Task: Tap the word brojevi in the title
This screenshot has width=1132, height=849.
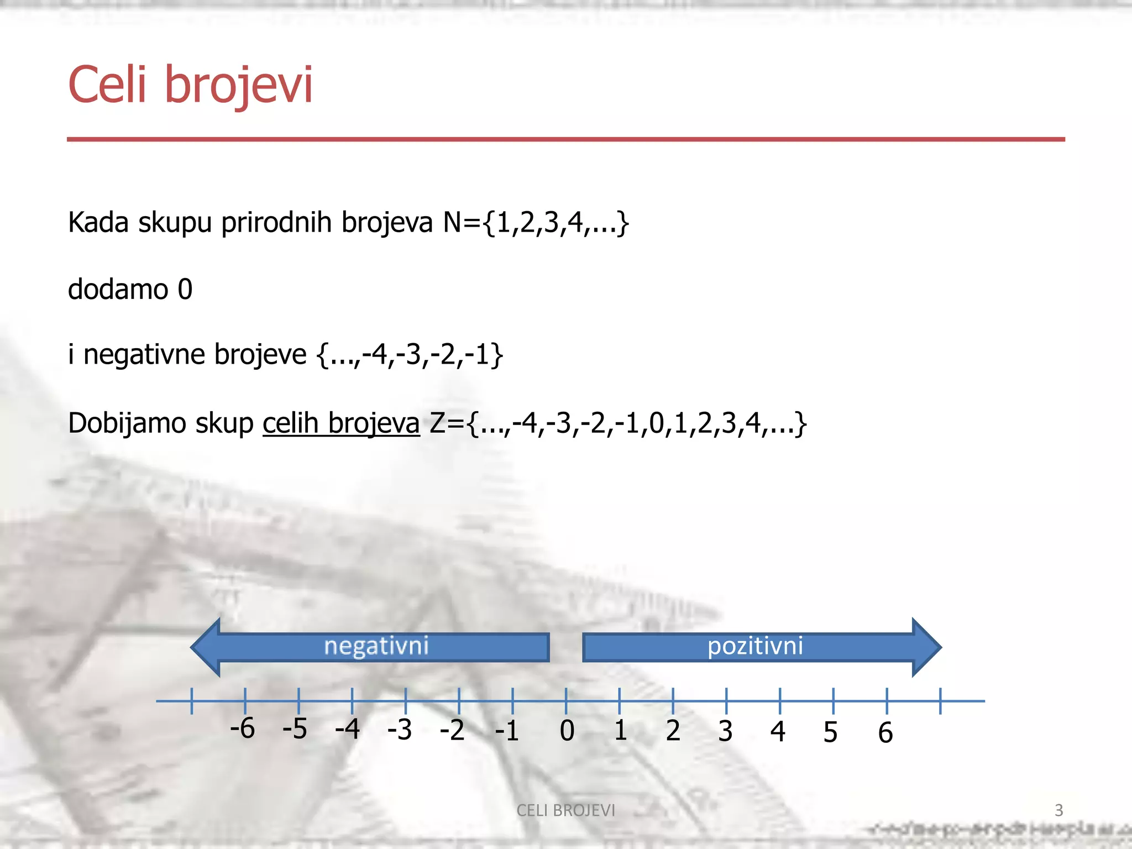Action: (x=239, y=86)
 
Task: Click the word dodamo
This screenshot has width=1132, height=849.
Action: (x=118, y=289)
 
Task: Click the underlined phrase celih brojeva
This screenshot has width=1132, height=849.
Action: (x=341, y=423)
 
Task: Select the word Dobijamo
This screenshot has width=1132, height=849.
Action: (x=126, y=423)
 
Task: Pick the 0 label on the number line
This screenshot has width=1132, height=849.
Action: (x=567, y=731)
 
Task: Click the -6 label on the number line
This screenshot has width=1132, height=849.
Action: (x=242, y=729)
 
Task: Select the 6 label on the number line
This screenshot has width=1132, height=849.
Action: (x=885, y=733)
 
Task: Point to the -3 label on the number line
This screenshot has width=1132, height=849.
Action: (x=399, y=730)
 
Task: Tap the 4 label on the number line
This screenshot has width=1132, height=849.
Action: (x=778, y=732)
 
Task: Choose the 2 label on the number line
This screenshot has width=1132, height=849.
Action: (x=673, y=731)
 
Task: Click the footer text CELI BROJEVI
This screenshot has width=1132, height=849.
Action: (x=565, y=810)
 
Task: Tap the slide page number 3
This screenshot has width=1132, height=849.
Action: (x=1058, y=810)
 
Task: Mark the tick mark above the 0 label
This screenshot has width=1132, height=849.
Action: (x=566, y=701)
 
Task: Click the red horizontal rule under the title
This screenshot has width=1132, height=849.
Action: (x=565, y=139)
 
